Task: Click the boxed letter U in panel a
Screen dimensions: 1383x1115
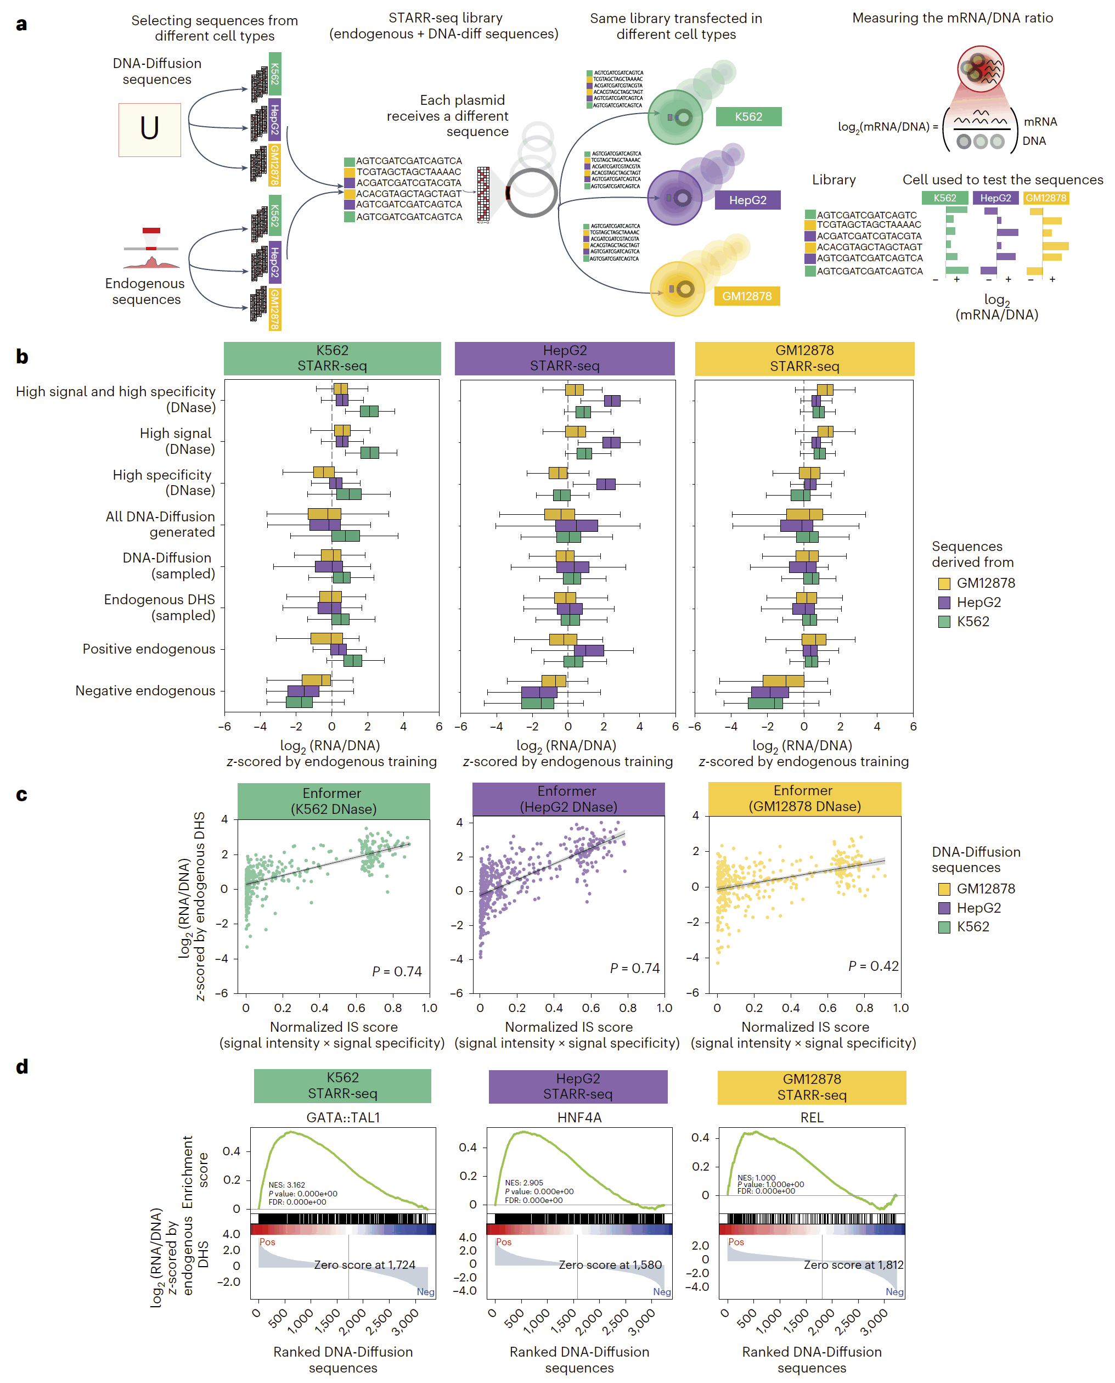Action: pos(150,129)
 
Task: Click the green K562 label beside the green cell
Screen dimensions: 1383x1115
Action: pos(748,117)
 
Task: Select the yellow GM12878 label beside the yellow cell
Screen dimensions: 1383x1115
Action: pos(746,296)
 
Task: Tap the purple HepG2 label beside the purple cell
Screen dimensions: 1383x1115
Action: pos(747,200)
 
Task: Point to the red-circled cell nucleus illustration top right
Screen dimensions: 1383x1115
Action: pos(980,69)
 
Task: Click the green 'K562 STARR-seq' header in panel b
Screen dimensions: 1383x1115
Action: pos(332,358)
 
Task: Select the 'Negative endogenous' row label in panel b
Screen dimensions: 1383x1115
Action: pos(145,690)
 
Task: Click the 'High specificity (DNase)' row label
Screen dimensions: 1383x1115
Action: pos(163,482)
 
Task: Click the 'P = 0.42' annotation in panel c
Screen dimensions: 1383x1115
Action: pos(874,966)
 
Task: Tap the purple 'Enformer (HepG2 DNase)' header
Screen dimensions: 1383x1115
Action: pos(568,799)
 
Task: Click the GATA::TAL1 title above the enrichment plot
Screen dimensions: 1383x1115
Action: pos(343,1118)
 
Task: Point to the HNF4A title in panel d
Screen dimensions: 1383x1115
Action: pos(579,1118)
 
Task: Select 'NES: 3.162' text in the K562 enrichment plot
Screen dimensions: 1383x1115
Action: pos(286,1185)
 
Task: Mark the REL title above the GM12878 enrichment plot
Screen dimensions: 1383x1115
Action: pos(812,1118)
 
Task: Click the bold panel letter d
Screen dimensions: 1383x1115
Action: pos(22,1067)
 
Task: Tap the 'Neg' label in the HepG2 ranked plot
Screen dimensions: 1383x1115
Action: pos(662,1292)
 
